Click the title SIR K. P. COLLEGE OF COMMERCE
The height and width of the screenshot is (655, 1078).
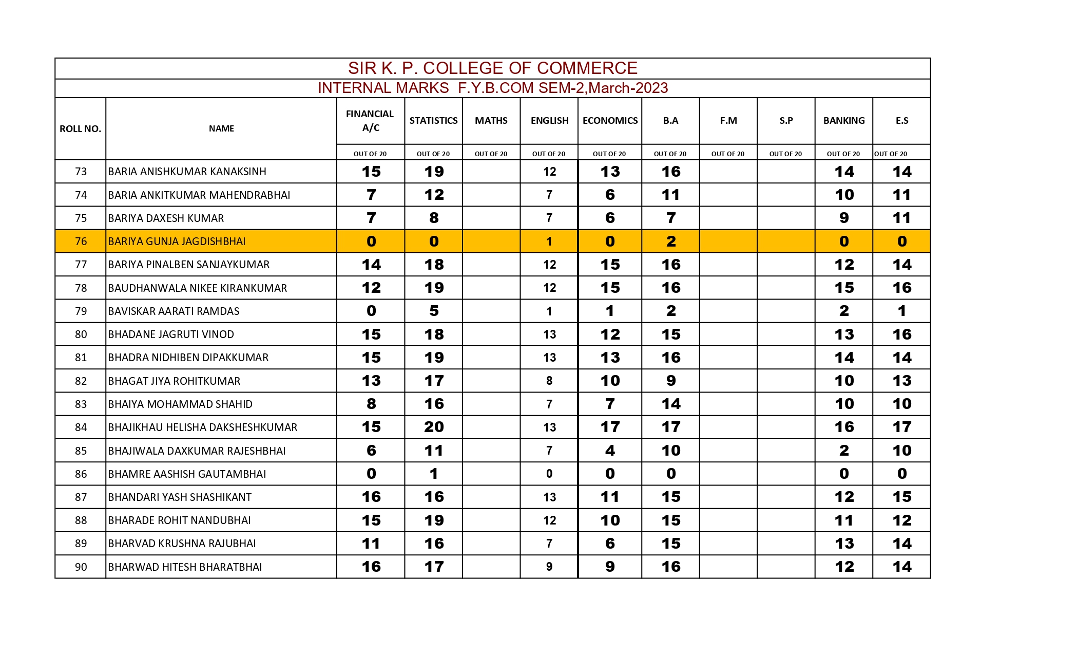click(x=492, y=68)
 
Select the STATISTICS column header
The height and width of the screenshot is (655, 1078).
click(x=433, y=121)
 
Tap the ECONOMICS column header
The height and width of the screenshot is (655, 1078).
click(x=610, y=121)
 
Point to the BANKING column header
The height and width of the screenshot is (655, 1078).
click(x=843, y=121)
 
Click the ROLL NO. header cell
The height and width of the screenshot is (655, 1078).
click(x=80, y=129)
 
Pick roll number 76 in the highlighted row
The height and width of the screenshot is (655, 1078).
click(x=81, y=241)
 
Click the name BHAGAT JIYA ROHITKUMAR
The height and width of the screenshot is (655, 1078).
click(x=174, y=381)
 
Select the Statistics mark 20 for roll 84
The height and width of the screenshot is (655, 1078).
click(x=434, y=427)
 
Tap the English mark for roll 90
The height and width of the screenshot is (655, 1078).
click(x=549, y=567)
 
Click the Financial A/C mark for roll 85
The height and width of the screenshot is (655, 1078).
click(x=371, y=451)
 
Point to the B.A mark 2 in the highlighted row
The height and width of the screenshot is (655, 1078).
click(x=670, y=241)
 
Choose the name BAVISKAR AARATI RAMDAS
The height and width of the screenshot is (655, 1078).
click(x=174, y=311)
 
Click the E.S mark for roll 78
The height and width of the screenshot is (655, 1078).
click(x=901, y=288)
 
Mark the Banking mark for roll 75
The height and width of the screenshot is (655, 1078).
click(x=843, y=218)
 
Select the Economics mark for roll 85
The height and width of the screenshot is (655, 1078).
click(x=610, y=451)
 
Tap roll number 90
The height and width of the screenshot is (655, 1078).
click(x=81, y=567)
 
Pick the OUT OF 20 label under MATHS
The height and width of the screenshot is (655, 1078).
click(x=491, y=154)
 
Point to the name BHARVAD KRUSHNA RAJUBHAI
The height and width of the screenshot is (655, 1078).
click(x=182, y=544)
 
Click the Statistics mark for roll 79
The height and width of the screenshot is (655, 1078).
click(x=434, y=311)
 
